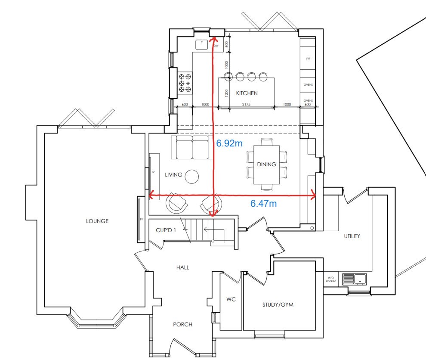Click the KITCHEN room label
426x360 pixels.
[x=247, y=93]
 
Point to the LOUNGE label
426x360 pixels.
[x=97, y=221]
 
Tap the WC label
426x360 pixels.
[x=230, y=298]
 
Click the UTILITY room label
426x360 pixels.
[x=352, y=236]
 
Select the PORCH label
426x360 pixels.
[x=182, y=324]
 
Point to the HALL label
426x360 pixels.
[x=182, y=267]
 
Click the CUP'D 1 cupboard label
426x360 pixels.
[x=166, y=230]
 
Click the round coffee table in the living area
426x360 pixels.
[x=192, y=176]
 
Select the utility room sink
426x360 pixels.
[x=354, y=279]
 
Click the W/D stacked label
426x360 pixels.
[x=330, y=279]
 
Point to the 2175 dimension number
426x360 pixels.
[x=246, y=104]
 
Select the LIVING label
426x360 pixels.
[x=173, y=174]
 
